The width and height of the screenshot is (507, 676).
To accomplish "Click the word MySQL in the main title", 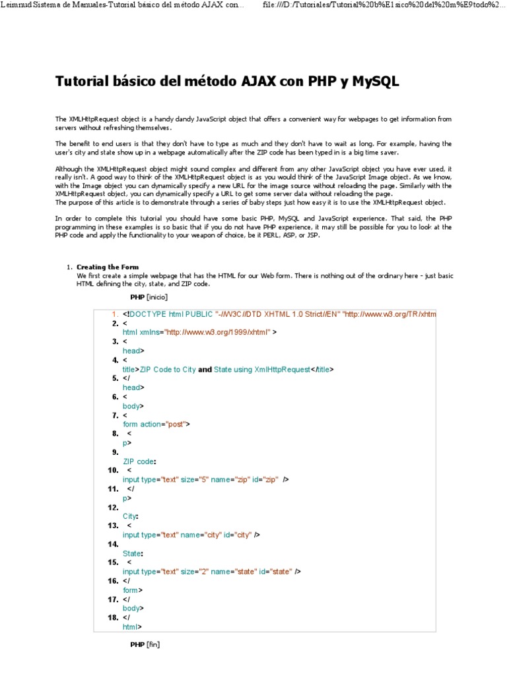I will (x=376, y=82).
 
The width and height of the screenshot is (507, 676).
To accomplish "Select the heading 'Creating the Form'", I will (x=108, y=267).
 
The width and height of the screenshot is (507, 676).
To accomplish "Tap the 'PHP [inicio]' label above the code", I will (x=149, y=297).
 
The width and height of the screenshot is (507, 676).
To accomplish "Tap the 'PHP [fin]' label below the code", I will (x=145, y=644).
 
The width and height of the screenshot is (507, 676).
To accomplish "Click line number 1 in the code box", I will (x=115, y=314).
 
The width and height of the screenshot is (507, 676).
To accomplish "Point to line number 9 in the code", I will (x=115, y=452).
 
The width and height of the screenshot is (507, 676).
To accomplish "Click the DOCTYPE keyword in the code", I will (x=150, y=314).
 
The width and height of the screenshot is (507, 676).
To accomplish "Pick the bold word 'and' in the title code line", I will (x=205, y=370).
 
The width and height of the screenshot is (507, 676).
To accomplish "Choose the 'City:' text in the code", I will (x=131, y=516).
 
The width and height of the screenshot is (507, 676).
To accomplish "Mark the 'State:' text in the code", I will (x=133, y=553).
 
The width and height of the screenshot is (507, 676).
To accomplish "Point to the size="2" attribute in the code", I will (x=195, y=572).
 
